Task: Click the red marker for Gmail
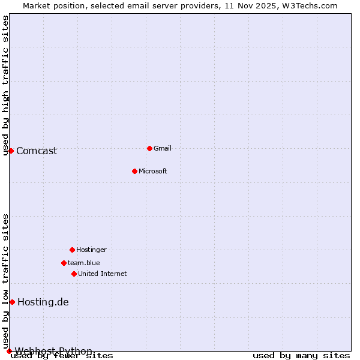(x=149, y=148)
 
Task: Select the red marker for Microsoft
(x=134, y=171)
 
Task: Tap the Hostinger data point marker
(x=72, y=250)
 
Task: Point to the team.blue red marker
(x=64, y=263)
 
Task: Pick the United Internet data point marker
(x=74, y=274)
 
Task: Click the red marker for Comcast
(x=11, y=151)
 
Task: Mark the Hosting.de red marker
(x=12, y=302)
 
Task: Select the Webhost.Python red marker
(x=9, y=351)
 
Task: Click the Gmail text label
(x=163, y=148)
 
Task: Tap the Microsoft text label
(x=153, y=171)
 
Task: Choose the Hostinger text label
(x=91, y=250)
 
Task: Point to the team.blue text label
(x=84, y=263)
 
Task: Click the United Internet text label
(x=103, y=274)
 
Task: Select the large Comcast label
(x=37, y=151)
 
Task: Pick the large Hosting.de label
(x=43, y=302)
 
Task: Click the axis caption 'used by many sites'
(x=301, y=356)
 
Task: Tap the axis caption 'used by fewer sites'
(x=62, y=356)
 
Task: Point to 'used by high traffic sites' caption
(x=6, y=85)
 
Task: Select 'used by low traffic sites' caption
(x=6, y=281)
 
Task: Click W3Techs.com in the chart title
(x=310, y=5)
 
